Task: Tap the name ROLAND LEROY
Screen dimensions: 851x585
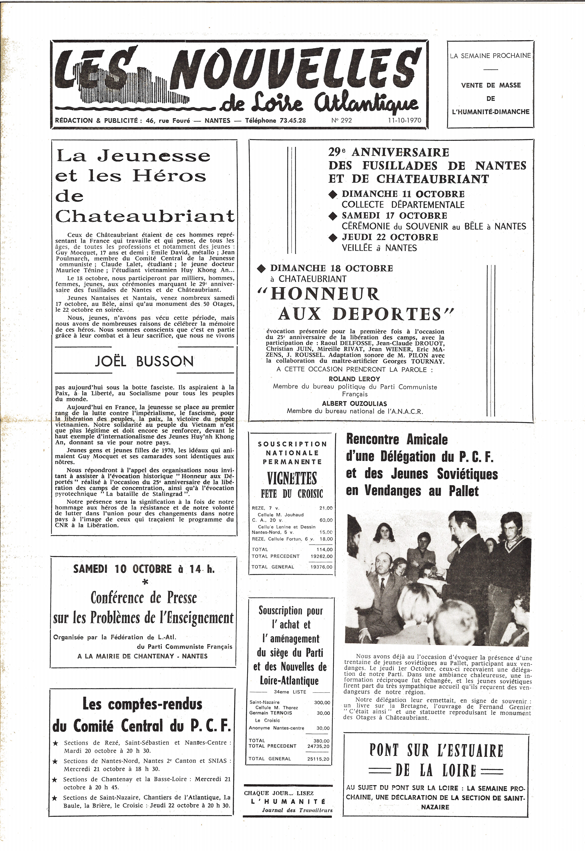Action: point(354,379)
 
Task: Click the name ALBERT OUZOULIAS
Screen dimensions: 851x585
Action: point(354,403)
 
